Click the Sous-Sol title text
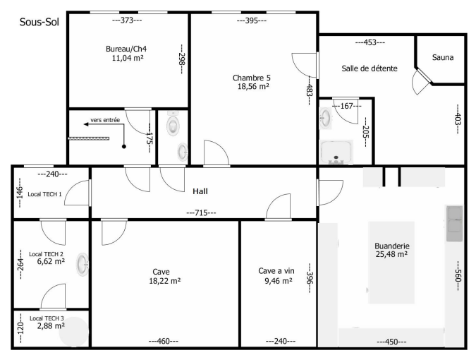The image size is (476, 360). [39, 22]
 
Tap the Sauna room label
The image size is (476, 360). [443, 57]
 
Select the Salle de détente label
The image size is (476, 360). [370, 68]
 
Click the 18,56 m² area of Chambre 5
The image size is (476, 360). [253, 86]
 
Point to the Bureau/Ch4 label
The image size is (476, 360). [126, 49]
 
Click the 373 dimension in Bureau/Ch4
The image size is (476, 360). [127, 20]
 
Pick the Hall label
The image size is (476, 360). [200, 191]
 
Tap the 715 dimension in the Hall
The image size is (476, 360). [201, 212]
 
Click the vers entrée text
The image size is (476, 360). [105, 120]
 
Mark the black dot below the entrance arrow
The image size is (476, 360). [124, 147]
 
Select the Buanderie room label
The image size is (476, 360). [392, 246]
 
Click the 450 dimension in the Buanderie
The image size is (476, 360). [391, 342]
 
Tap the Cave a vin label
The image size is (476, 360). [276, 270]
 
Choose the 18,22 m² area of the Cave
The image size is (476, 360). [164, 281]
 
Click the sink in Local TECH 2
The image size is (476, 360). [83, 264]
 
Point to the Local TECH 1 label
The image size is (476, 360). [44, 194]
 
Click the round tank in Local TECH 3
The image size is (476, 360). [74, 332]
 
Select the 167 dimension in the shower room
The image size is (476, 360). [347, 106]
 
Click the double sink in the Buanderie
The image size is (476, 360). [454, 223]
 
